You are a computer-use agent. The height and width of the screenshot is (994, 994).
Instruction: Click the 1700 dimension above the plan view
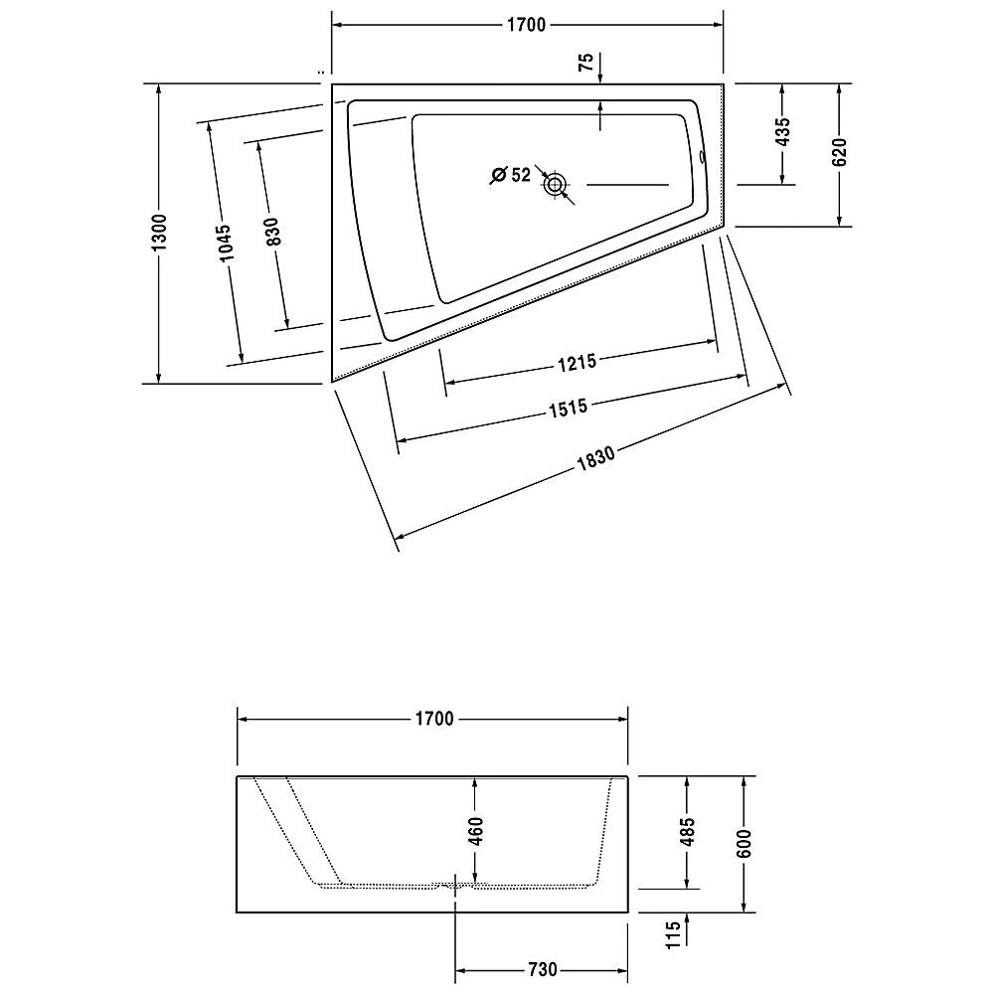tap(525, 25)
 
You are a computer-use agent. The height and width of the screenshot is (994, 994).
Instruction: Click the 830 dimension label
tap(273, 232)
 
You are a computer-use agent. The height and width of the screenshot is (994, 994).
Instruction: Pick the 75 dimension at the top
tap(586, 62)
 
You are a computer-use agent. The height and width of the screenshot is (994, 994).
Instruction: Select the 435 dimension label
tap(782, 132)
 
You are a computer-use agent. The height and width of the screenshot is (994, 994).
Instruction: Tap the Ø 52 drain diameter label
tap(510, 175)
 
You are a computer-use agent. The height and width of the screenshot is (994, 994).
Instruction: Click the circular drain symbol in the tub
tap(554, 184)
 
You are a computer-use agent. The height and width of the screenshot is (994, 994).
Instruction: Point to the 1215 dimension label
tap(577, 363)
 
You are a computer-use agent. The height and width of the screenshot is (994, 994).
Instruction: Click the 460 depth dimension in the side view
tap(475, 830)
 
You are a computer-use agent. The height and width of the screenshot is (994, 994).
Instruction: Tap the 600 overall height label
tap(745, 842)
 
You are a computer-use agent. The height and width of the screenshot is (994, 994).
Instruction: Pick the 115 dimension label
tap(673, 934)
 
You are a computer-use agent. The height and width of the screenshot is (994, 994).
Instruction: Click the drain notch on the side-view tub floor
tap(455, 884)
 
